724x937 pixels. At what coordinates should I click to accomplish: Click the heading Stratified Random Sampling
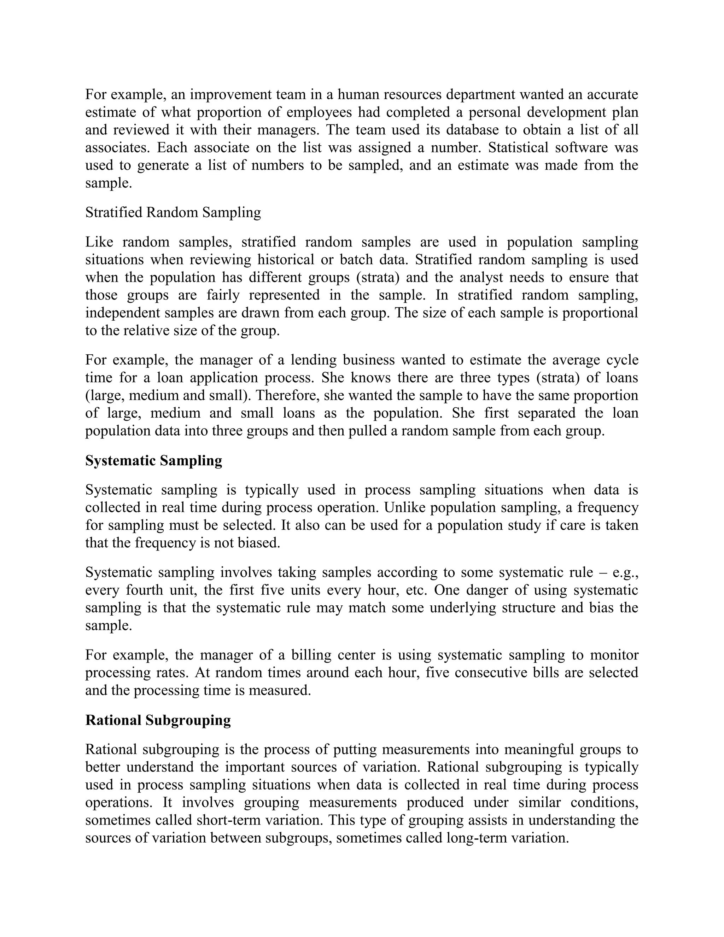pyautogui.click(x=173, y=213)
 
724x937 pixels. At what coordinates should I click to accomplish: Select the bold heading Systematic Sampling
pyautogui.click(x=153, y=461)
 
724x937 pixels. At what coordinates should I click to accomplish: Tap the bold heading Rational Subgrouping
pyautogui.click(x=158, y=720)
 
